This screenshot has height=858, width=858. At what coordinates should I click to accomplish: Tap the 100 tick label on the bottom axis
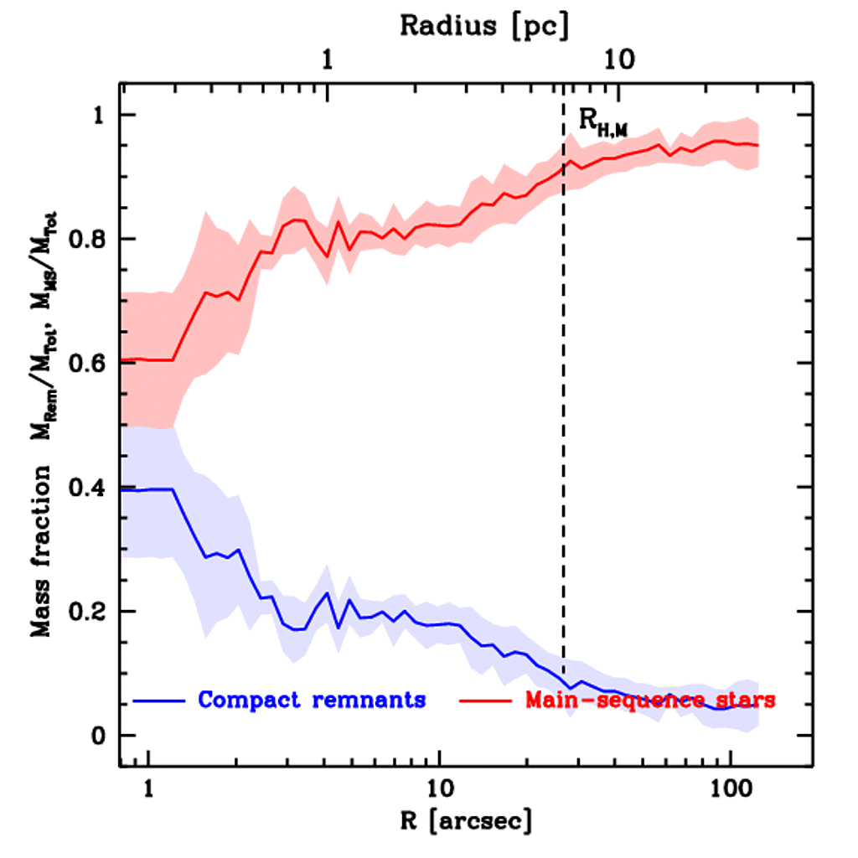pyautogui.click(x=731, y=789)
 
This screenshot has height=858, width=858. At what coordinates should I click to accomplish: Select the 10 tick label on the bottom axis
pyautogui.click(x=439, y=789)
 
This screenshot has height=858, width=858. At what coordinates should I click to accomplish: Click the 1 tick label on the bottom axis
pyautogui.click(x=148, y=789)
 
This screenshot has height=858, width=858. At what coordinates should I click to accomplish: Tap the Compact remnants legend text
pyautogui.click(x=312, y=700)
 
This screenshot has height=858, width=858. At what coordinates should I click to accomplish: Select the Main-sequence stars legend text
pyautogui.click(x=649, y=700)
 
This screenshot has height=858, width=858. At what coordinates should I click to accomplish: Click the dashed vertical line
pyautogui.click(x=563, y=419)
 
